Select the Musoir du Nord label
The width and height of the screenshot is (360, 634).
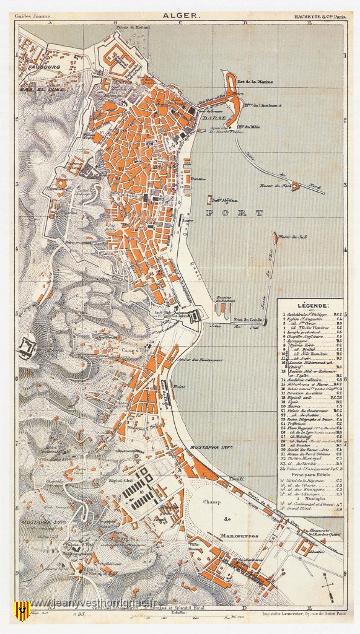pyautogui.click(x=274, y=185)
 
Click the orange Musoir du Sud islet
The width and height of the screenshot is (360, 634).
pyautogui.click(x=274, y=235)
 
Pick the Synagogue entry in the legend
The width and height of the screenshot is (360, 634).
pyautogui.click(x=299, y=341)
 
